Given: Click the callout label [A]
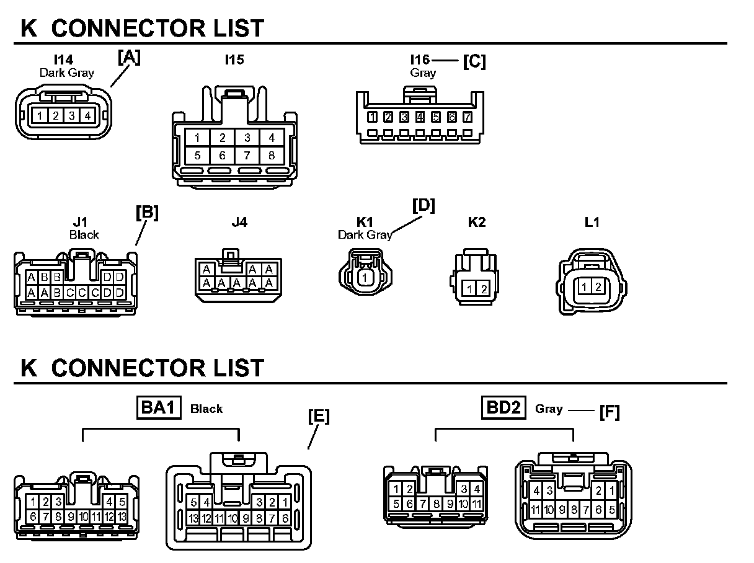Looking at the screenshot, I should pos(129,58).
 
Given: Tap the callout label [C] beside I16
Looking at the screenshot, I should pos(474,61).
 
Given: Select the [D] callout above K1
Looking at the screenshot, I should pos(424,206).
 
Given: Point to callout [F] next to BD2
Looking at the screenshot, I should pos(609,411).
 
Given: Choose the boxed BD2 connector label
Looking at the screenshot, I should pos(503,408).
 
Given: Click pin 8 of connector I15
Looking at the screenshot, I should pos(272,156).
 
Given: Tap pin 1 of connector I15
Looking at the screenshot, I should pos(197,138).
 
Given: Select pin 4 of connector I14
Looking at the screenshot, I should pos(88,115).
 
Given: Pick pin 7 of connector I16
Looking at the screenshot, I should pos(468,117).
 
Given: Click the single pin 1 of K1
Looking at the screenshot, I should pos(366,278).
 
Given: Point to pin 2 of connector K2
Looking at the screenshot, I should pos(484,288).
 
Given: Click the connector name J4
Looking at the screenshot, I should pos(239,222).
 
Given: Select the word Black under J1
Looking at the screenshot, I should pos(84,235).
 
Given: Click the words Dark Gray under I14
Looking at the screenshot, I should pos(67,73).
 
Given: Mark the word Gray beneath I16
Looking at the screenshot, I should pos(423,73).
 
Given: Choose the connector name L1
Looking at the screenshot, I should pos(592,222).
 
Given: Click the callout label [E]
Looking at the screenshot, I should pos(319,417).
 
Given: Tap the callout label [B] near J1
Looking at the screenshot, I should pos(147,212).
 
